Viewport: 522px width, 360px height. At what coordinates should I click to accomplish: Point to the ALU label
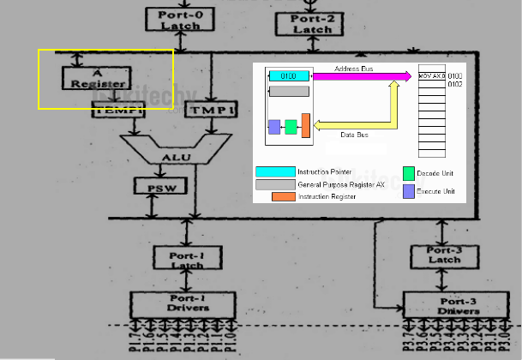[x=172, y=158]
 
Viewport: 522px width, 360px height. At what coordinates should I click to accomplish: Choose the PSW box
[x=155, y=185]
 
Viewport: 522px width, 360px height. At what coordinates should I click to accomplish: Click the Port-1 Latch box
[x=187, y=257]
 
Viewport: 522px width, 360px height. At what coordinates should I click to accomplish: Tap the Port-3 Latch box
[x=445, y=255]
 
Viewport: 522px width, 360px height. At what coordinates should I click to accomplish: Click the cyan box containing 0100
[x=289, y=76]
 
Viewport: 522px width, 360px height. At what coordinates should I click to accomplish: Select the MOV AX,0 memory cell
[x=432, y=76]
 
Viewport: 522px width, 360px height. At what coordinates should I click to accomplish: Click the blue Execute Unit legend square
[x=409, y=191]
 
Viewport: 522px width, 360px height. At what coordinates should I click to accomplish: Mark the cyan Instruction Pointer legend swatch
[x=273, y=171]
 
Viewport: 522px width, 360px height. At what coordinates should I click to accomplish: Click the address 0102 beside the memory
[x=455, y=84]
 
